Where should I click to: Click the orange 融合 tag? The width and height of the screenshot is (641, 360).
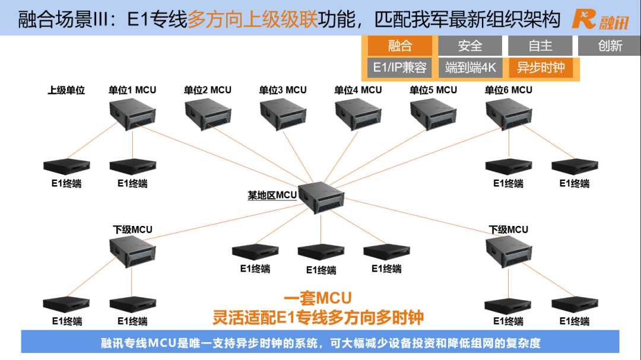pos(399,46)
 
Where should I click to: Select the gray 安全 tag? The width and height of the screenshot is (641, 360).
pos(470,46)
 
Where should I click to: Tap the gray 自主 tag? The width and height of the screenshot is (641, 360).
pos(540,46)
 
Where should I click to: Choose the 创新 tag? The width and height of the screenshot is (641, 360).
pos(610,46)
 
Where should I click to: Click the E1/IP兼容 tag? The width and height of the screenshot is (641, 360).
pos(399,68)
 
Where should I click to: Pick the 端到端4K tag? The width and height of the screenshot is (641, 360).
pos(470,68)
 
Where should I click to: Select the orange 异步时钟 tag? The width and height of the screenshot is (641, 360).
pos(540,68)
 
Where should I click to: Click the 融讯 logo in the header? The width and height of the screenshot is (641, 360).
pos(600,20)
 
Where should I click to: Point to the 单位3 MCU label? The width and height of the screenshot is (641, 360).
pos(283,90)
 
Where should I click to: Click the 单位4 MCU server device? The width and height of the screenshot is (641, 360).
pos(358,113)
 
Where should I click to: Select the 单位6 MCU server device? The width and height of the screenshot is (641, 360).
pos(509,113)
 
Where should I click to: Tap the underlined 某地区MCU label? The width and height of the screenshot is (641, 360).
pos(272,195)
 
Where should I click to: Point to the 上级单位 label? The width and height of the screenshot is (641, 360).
pos(66,90)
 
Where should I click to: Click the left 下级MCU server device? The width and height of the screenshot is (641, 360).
pos(132,251)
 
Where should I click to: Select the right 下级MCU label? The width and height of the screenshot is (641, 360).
pos(508,230)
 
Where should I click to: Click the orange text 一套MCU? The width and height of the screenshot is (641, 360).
pos(318,298)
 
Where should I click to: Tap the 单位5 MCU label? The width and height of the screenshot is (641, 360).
pos(433,90)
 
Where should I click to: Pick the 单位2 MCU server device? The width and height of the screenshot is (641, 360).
pos(208,113)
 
